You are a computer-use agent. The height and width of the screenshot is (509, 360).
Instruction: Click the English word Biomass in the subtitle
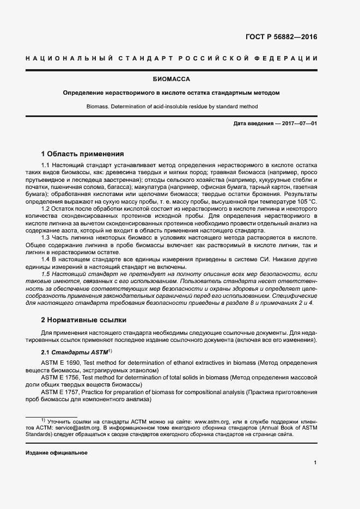coord(97,107)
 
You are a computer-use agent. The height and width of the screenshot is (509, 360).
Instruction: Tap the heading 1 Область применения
coord(83,154)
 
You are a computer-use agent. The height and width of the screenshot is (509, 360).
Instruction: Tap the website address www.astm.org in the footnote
coord(213,421)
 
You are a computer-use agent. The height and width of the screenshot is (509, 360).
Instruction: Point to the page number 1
coord(315,462)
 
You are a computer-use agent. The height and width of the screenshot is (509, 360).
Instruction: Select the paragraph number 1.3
coord(46,238)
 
